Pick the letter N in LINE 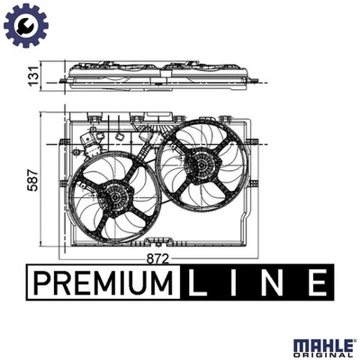(276, 283)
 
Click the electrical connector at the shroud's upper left (89, 141)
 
